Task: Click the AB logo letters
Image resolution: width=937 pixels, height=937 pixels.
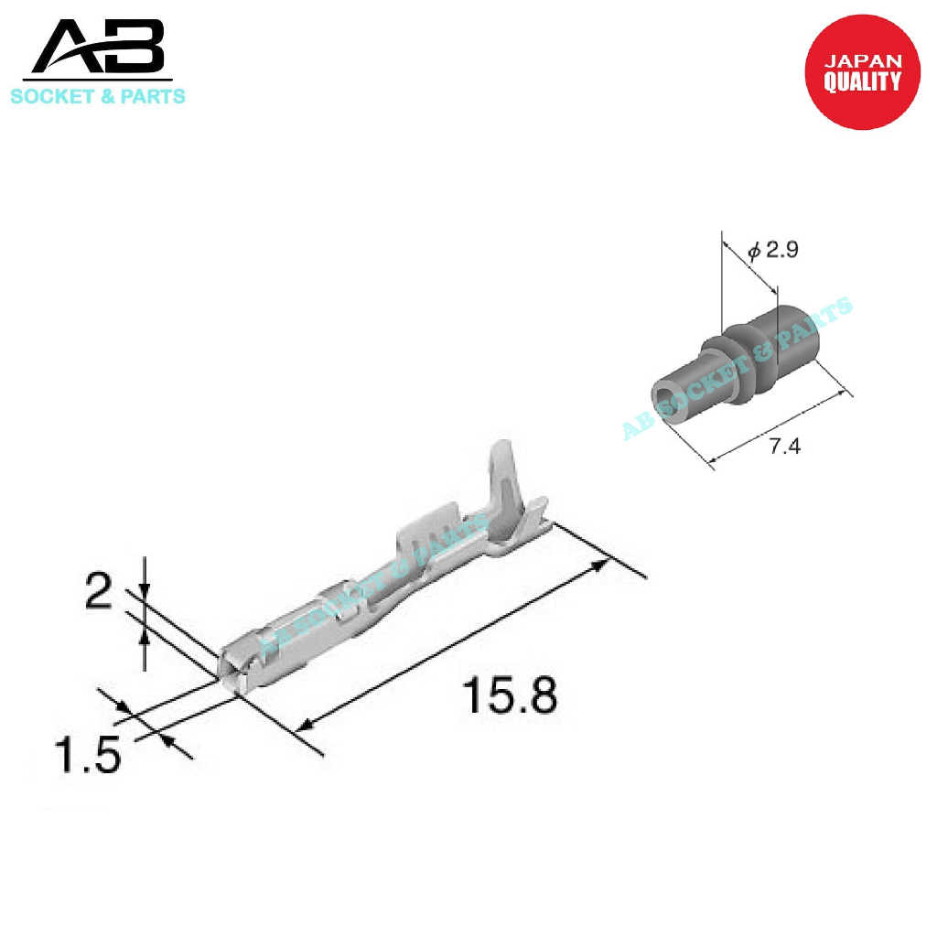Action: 99,50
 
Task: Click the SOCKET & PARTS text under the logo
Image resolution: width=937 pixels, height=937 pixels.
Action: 97,96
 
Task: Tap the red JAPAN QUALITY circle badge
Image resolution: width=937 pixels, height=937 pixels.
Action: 862,71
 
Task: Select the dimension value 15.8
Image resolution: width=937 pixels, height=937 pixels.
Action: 510,696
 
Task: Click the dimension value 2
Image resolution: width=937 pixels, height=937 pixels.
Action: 98,594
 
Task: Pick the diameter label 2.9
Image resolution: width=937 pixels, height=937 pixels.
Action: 782,249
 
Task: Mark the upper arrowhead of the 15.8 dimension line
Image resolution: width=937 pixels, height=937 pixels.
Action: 599,565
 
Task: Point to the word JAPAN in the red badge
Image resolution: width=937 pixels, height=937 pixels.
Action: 863,61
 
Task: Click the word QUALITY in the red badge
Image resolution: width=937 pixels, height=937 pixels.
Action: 862,82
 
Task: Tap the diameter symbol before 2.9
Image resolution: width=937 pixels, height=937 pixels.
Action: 754,250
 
